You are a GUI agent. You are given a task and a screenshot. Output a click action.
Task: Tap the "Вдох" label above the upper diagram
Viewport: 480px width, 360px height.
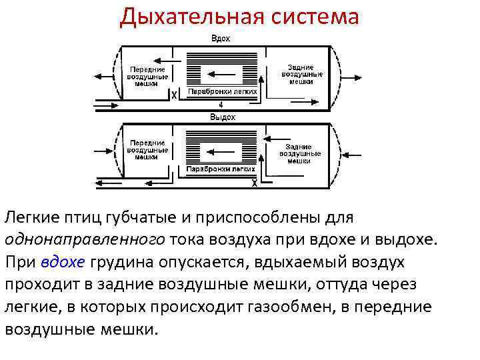[221, 39]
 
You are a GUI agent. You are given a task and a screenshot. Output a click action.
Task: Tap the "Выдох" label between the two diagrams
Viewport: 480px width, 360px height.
[223, 117]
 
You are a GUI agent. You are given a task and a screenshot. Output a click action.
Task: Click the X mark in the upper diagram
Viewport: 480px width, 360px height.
[175, 96]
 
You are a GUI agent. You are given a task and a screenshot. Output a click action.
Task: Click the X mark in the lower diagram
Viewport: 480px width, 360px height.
[253, 183]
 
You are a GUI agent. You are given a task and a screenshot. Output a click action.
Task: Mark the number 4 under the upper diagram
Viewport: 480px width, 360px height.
[221, 105]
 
